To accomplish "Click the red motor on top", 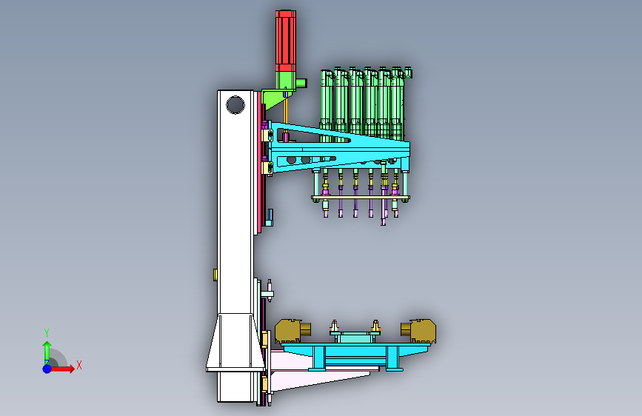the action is (x=285, y=41).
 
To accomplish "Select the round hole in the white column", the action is (x=235, y=105).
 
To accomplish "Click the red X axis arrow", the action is (x=61, y=369).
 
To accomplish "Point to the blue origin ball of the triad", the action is (x=47, y=369).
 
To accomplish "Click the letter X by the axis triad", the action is (x=79, y=365).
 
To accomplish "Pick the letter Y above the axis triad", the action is (x=47, y=333).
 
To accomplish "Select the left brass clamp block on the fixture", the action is (x=292, y=331).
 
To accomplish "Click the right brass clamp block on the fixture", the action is (x=418, y=331).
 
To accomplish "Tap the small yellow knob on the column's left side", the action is (x=215, y=275).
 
